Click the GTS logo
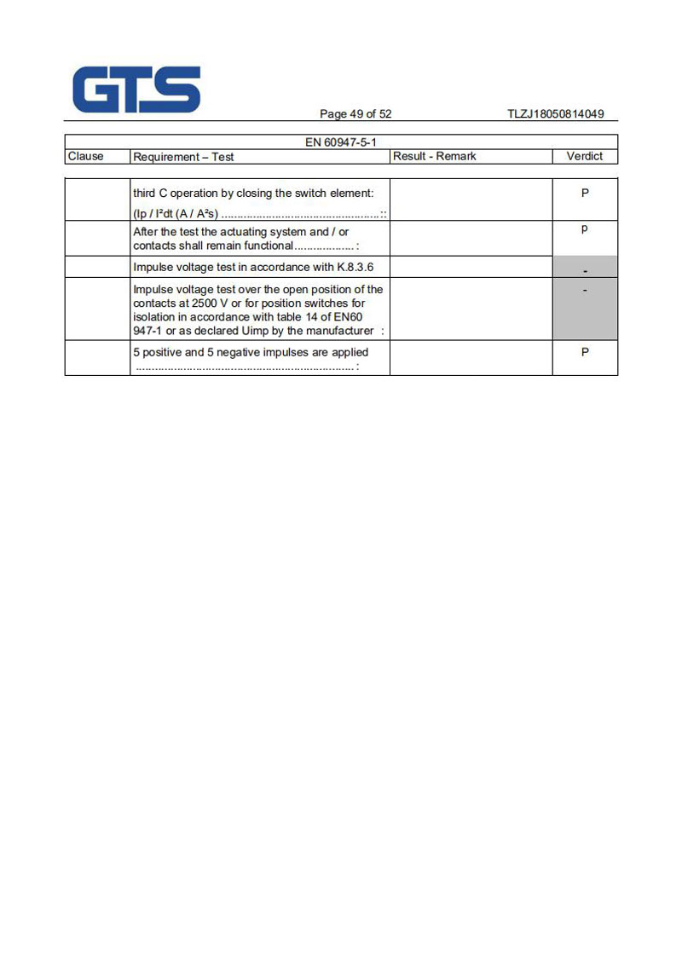[136, 90]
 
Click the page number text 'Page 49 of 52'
[355, 114]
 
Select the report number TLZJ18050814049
[555, 114]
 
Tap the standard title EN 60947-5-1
[340, 142]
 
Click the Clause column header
[85, 156]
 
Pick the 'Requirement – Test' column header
[183, 157]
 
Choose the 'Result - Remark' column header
[434, 156]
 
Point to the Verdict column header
[584, 156]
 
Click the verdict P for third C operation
[585, 194]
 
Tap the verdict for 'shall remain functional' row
[585, 229]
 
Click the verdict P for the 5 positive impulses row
[585, 352]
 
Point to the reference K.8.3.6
[355, 267]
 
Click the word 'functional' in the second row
[264, 246]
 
